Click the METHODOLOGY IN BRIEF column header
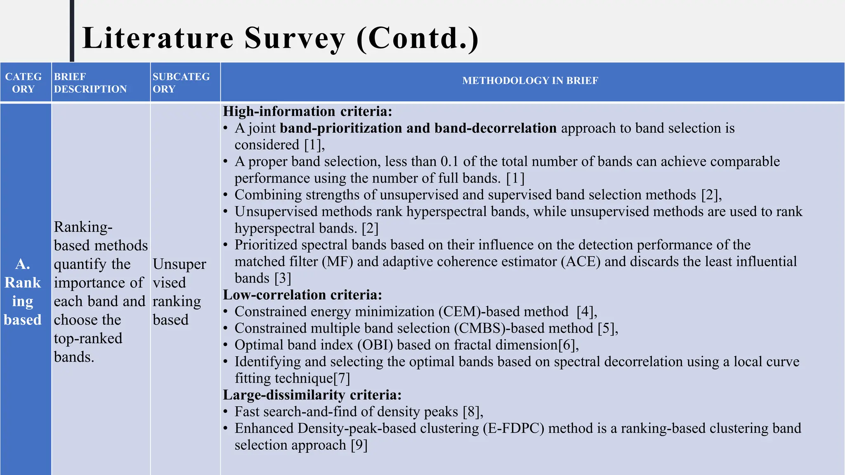[x=530, y=81]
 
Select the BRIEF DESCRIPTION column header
[x=90, y=83]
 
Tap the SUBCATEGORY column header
[x=181, y=83]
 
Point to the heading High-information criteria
[x=307, y=111]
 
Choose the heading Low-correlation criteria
[x=302, y=295]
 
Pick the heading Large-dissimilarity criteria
[x=312, y=395]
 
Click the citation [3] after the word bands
[x=283, y=278]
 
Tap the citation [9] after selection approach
[x=359, y=445]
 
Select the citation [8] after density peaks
[x=471, y=412]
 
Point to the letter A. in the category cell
[x=23, y=264]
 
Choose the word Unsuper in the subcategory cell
[x=179, y=264]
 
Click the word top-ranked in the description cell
[x=88, y=339]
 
